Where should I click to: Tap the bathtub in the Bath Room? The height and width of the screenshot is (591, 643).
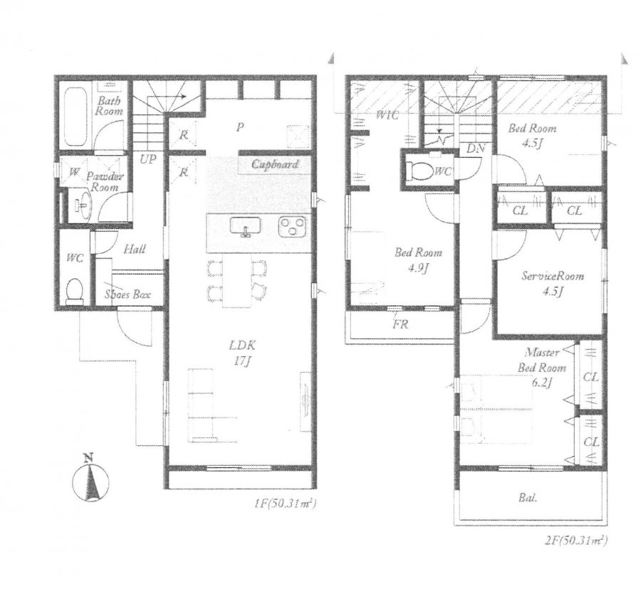coord(74,116)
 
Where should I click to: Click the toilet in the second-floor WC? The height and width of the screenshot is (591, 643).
coord(419,171)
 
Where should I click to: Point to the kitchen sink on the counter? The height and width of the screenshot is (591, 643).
coord(245,227)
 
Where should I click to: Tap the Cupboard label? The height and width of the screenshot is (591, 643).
coord(274,164)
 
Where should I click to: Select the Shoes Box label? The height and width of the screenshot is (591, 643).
coord(127,294)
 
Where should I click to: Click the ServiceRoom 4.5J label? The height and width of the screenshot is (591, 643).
coord(552,282)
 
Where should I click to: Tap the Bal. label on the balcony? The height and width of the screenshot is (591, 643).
coord(528,498)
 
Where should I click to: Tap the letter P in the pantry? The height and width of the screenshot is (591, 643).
coord(241,128)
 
